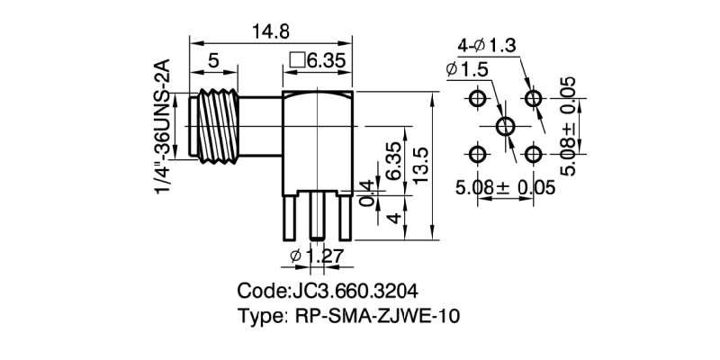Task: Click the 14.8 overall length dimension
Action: coord(270,31)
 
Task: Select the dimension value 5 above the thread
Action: coord(212,61)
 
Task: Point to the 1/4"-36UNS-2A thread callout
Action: coord(162,126)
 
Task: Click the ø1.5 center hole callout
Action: coord(466,69)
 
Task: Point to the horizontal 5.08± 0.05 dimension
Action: coord(504,188)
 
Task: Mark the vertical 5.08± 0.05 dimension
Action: coord(569,126)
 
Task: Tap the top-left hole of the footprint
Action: coord(478,97)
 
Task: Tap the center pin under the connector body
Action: coord(317,216)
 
